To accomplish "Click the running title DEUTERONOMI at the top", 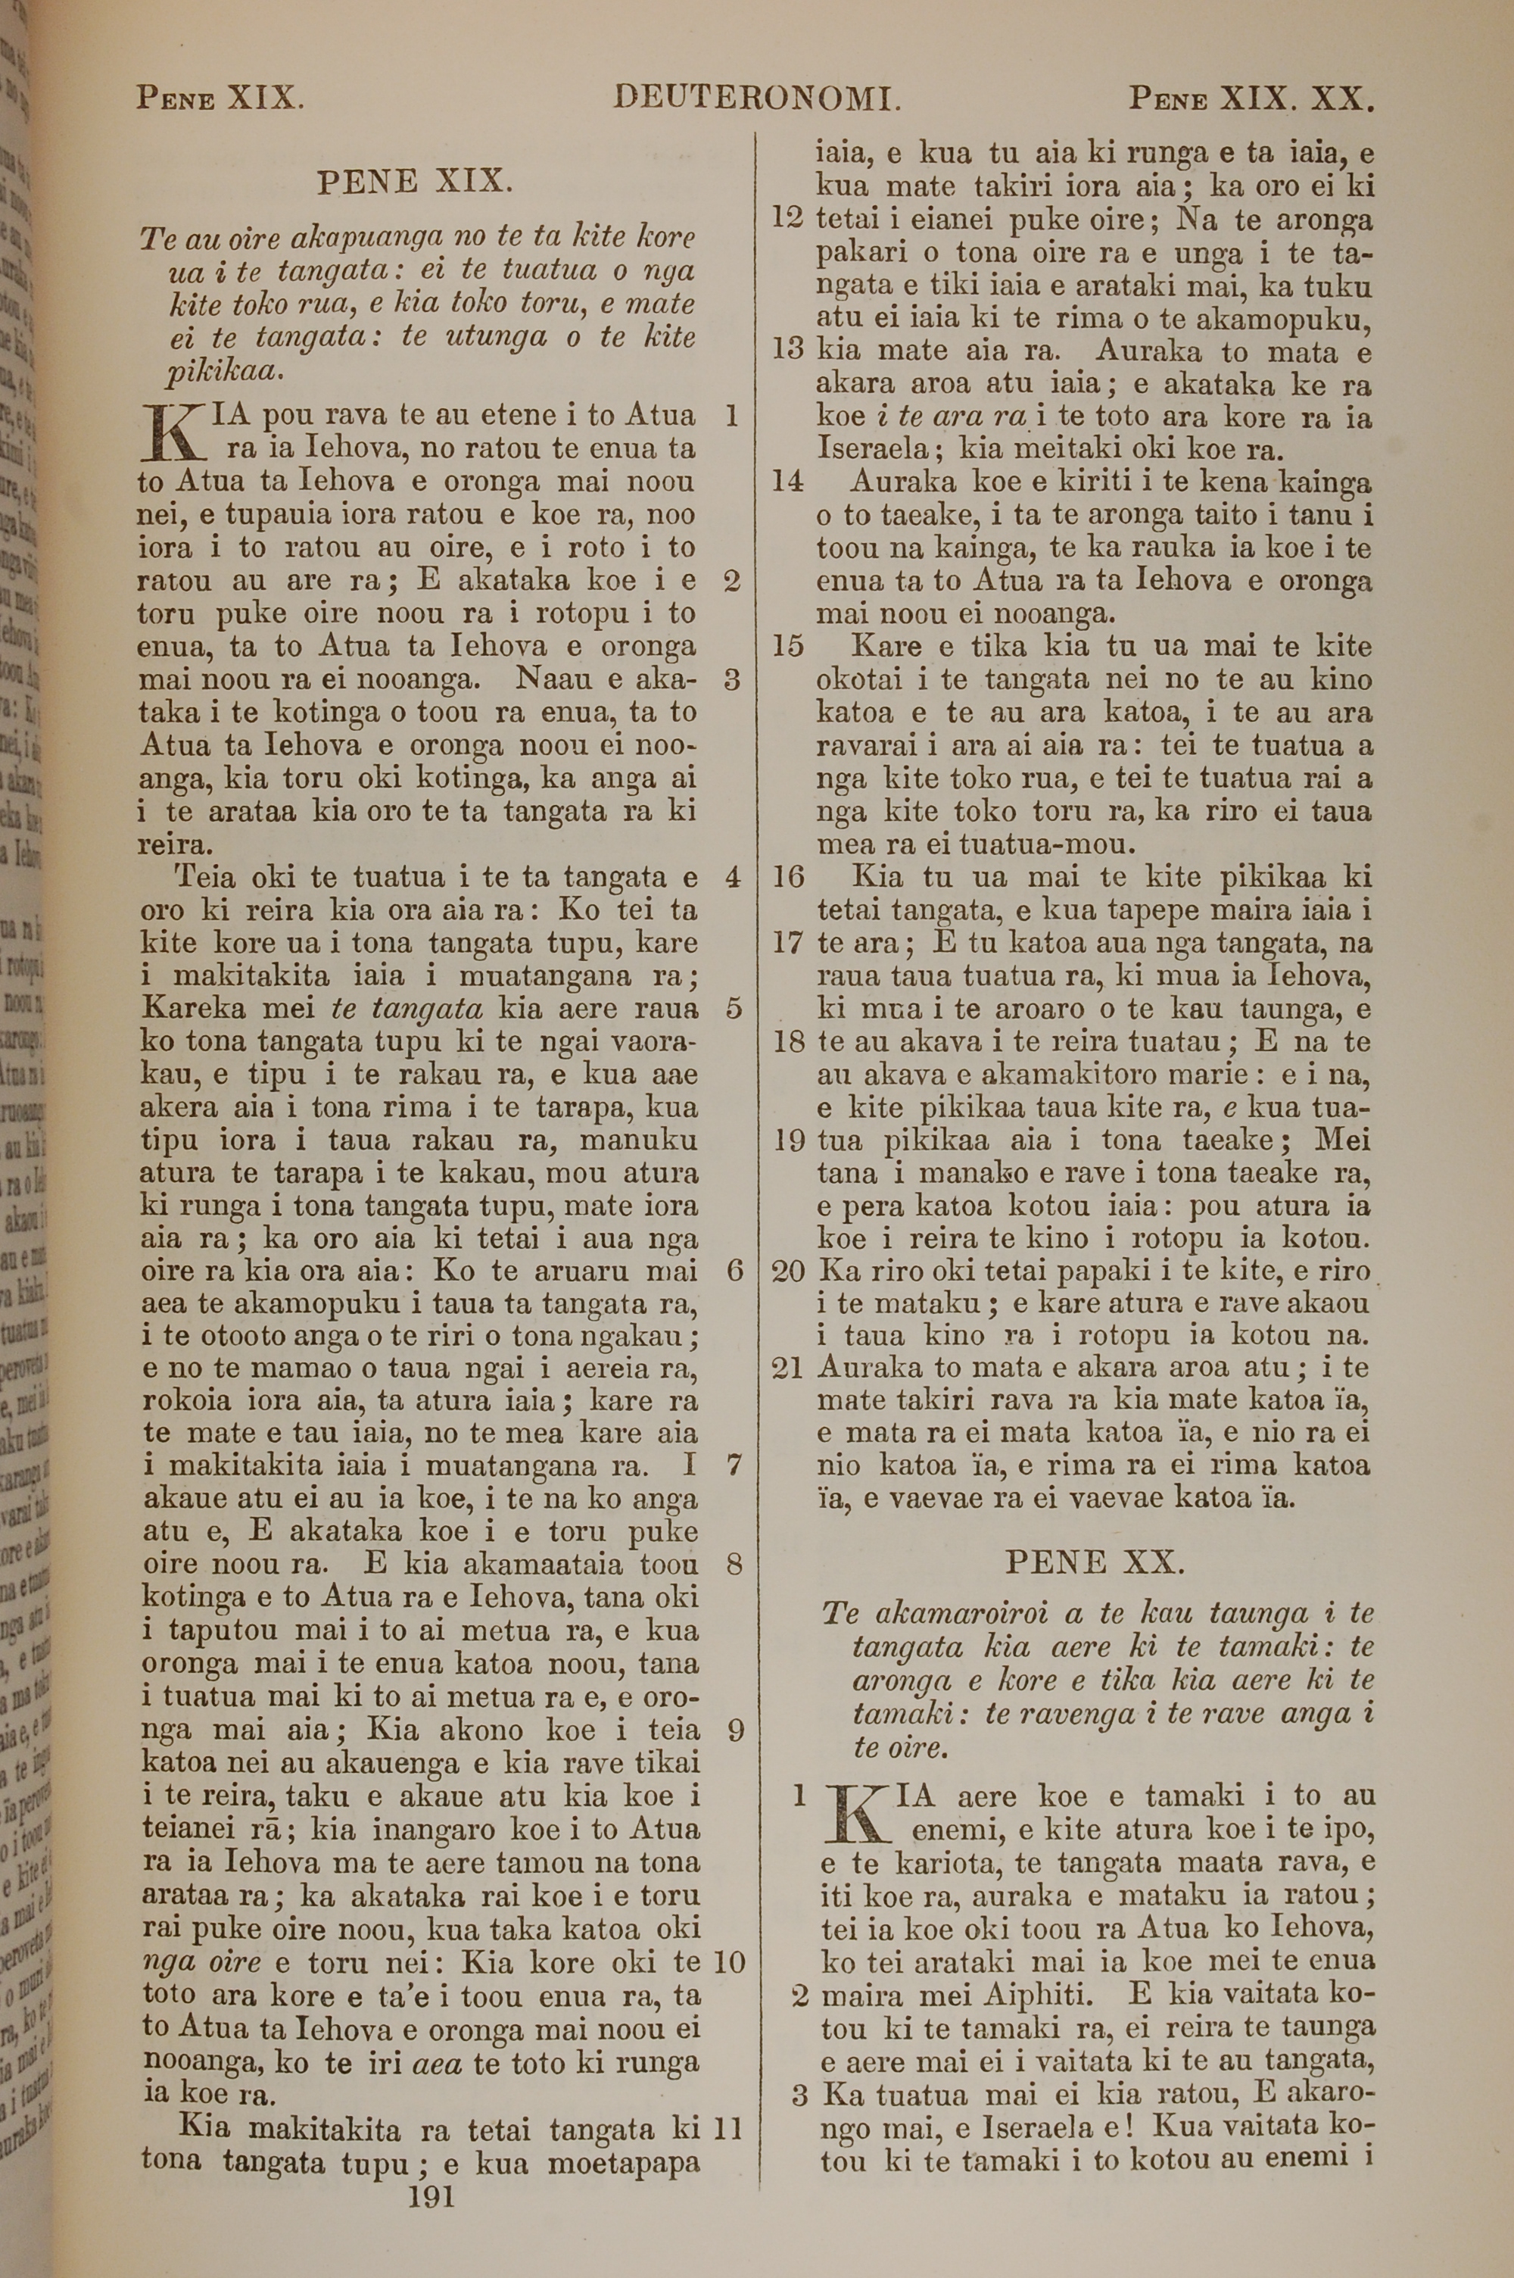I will pos(758,98).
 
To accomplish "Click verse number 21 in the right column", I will pos(789,1368).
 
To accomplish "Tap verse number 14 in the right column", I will pos(789,482).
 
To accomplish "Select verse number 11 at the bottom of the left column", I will pos(727,2102).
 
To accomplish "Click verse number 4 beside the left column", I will pos(733,878).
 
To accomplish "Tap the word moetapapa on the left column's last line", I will pos(623,2136).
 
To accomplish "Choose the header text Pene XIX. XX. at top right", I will pos(1251,98).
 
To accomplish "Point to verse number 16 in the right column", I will pos(789,878).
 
